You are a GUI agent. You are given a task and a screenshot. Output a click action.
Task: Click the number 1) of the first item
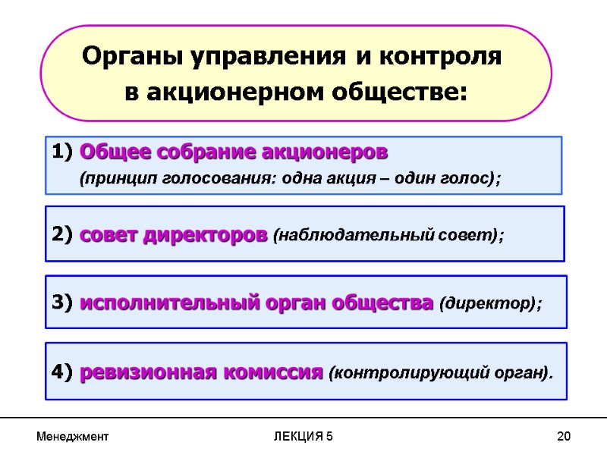63,152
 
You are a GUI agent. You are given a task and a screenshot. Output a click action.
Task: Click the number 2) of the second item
63,235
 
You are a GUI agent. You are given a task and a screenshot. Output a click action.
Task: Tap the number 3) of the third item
63,303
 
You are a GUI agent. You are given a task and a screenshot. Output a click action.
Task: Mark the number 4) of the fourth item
63,373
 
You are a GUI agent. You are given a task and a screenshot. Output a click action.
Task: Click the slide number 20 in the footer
563,437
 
